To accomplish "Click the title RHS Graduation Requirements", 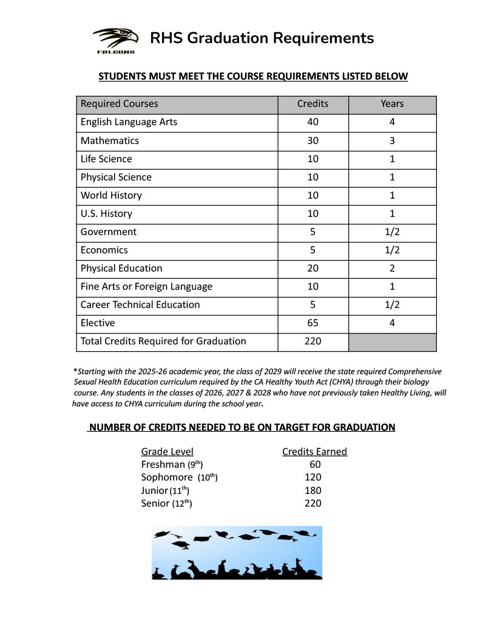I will (x=262, y=38).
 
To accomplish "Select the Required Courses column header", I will (x=120, y=104).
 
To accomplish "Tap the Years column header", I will (x=392, y=104).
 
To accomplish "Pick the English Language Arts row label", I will (x=129, y=122).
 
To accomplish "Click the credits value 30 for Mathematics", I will (x=313, y=140).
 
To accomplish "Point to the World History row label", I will (x=111, y=195).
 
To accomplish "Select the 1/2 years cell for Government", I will (x=392, y=231).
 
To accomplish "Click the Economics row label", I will (x=104, y=250).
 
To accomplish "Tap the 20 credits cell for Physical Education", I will (x=313, y=268).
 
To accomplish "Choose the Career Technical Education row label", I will (x=140, y=304).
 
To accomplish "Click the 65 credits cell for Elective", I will (x=313, y=323).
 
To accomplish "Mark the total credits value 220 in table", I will (x=313, y=341).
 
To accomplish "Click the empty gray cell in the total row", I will (x=392, y=341).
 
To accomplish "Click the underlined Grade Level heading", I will (x=167, y=451).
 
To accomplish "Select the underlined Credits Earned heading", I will (x=314, y=451).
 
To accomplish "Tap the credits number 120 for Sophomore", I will (x=313, y=477).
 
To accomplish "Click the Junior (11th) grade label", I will (x=165, y=490).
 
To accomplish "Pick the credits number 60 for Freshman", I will (x=315, y=465).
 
